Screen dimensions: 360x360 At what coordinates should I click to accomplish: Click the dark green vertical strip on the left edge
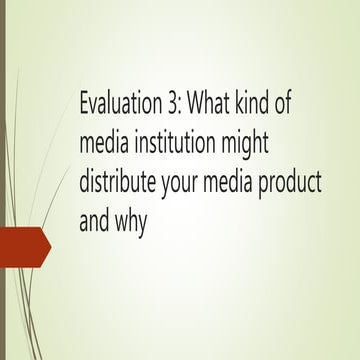pos(3,180)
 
